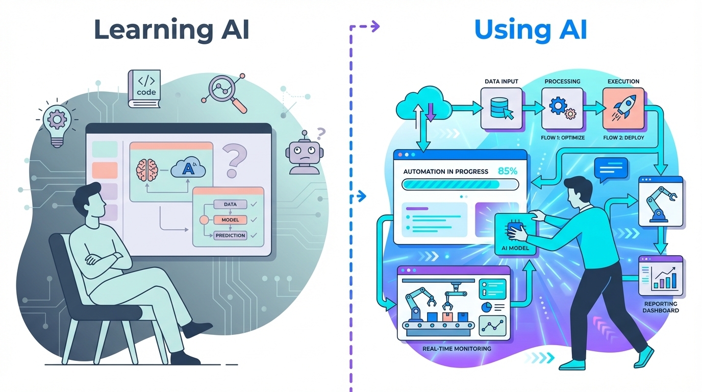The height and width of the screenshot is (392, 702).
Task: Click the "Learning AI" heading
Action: (171, 30)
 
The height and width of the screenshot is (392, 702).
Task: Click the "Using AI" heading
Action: (531, 30)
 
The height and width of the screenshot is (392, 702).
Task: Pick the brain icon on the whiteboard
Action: (147, 169)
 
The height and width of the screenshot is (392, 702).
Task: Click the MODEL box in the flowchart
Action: (230, 220)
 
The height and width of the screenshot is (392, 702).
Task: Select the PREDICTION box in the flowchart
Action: (230, 235)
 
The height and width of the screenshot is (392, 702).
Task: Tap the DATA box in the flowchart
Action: (230, 204)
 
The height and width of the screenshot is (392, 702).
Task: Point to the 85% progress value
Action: (507, 171)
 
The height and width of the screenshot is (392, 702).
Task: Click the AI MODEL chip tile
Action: (515, 235)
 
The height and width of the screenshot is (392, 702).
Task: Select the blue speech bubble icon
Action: (611, 169)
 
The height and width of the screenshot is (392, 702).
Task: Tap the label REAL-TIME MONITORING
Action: (457, 349)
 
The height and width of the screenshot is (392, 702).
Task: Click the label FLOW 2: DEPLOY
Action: (623, 138)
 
